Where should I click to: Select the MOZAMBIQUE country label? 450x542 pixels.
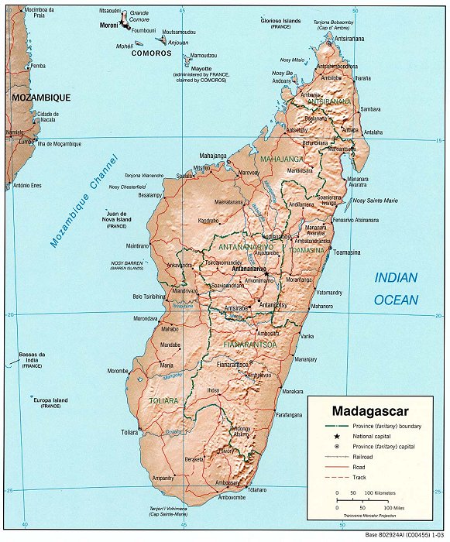41,98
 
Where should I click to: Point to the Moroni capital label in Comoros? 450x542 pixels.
108,25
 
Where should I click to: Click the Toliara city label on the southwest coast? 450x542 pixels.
129,432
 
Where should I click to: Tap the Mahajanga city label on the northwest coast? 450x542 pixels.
213,156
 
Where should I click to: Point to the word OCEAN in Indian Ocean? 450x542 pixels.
396,300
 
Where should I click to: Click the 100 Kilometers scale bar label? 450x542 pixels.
380,492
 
